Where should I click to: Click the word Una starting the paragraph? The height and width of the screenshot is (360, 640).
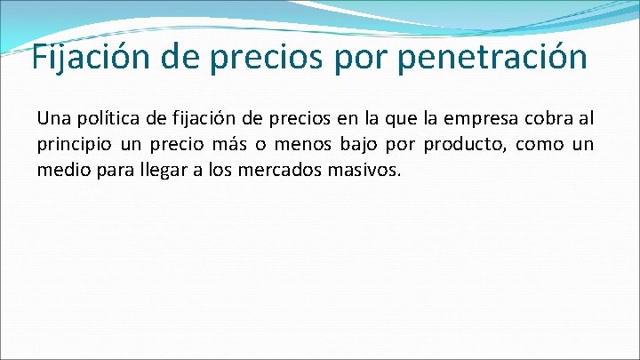tap(52, 118)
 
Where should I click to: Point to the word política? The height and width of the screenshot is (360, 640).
tap(106, 118)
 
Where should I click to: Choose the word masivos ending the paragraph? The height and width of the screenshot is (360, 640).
tap(369, 169)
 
